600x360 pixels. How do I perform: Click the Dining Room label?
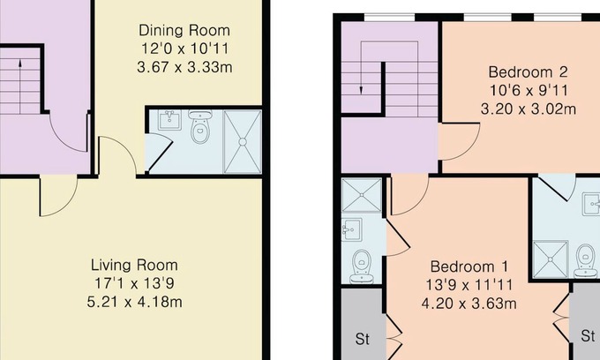click(184, 30)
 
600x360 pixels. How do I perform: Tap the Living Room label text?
click(134, 265)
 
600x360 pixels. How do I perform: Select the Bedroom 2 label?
click(528, 72)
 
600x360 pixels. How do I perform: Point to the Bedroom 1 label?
click(469, 266)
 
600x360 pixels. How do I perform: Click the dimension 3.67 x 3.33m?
click(184, 67)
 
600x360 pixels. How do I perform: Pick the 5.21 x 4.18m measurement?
click(134, 302)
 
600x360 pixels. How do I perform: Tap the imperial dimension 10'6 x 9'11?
click(529, 91)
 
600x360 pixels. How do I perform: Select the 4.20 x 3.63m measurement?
click(469, 304)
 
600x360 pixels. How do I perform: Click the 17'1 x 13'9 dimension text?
click(134, 283)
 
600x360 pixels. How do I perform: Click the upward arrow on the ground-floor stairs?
click(20, 86)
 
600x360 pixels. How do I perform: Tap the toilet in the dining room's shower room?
click(201, 128)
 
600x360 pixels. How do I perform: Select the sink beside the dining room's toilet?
click(169, 121)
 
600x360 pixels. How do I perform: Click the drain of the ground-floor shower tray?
click(243, 142)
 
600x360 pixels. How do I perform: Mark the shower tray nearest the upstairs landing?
click(362, 195)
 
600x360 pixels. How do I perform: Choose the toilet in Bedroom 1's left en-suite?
click(361, 266)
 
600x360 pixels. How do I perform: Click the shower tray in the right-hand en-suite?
click(551, 259)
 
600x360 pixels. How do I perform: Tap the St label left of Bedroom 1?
click(363, 339)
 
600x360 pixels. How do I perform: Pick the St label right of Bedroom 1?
click(588, 336)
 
